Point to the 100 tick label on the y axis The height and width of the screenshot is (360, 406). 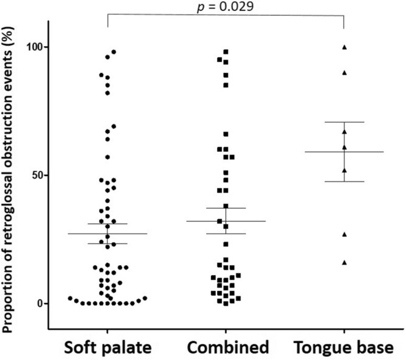coord(37,47)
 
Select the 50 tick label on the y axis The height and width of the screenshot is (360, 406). coord(40,175)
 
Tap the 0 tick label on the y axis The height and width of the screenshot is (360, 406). coord(43,303)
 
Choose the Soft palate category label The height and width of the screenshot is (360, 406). coord(107,347)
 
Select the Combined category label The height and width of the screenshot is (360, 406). coord(226,347)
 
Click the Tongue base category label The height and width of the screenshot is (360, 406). coord(345,347)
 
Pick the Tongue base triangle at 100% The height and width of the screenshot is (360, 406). coord(345,47)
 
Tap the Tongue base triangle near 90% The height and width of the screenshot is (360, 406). coord(345,72)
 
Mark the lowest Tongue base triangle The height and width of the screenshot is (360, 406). coord(345,262)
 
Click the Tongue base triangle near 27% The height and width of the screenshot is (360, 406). coord(345,234)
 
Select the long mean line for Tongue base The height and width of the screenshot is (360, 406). coord(345,152)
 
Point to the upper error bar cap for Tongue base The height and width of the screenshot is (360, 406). coord(345,122)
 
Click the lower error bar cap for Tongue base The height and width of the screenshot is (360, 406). coord(345,182)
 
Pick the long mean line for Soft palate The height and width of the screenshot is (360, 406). coord(107,233)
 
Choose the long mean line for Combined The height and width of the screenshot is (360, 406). coord(226,221)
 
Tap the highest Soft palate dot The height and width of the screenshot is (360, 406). coord(114,52)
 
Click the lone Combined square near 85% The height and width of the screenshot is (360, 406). coord(226,85)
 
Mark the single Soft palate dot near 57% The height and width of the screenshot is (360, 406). coord(108,157)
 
